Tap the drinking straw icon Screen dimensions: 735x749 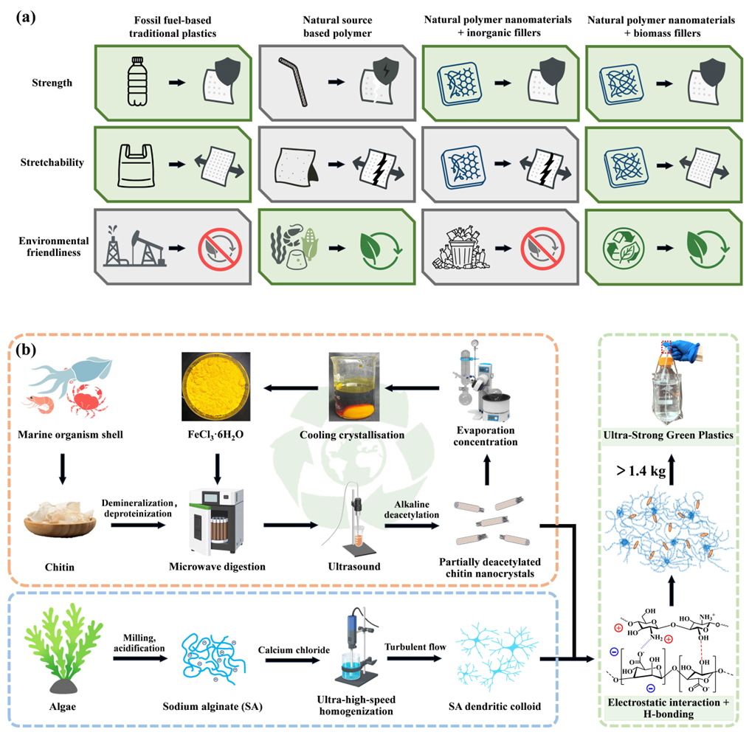pos(293,78)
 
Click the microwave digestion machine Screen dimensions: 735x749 pos(214,522)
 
